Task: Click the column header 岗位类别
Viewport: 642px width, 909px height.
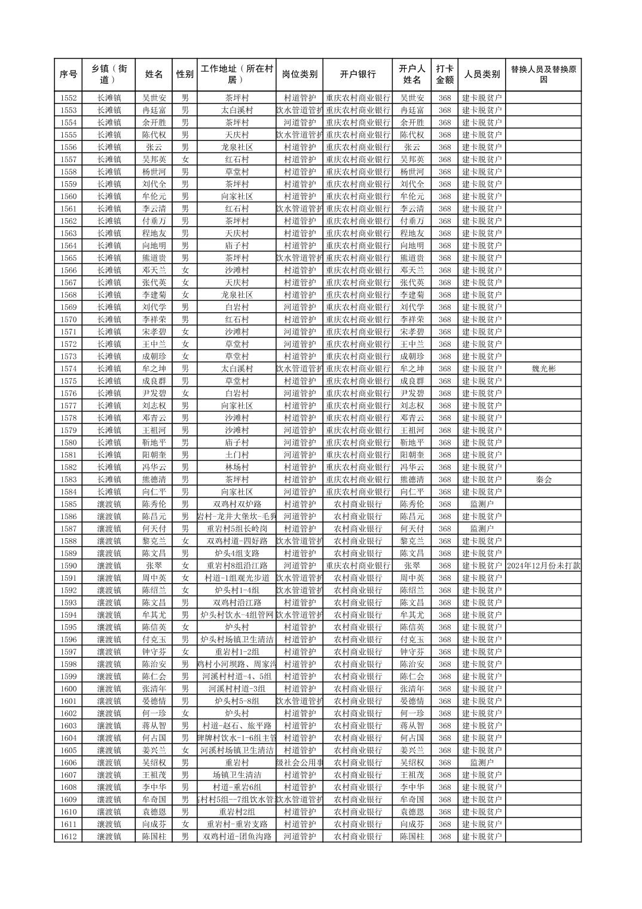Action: (x=299, y=75)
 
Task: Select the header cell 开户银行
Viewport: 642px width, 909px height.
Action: (x=357, y=75)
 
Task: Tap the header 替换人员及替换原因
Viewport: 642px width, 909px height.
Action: (x=543, y=75)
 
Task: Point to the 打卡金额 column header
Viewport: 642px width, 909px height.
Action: (x=444, y=75)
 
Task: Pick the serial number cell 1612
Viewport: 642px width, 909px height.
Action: (x=69, y=837)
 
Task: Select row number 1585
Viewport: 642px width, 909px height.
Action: (x=69, y=504)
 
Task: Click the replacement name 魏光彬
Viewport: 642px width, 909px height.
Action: (x=543, y=369)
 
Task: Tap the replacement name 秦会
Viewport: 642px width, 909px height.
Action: (x=543, y=480)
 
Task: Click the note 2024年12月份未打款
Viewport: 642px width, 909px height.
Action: (x=543, y=566)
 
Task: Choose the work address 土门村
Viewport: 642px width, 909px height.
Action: (x=237, y=455)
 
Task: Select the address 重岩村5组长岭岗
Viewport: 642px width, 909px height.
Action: (x=237, y=529)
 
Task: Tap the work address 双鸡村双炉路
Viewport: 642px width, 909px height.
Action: (x=237, y=504)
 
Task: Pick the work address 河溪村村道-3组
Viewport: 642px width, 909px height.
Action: (x=237, y=689)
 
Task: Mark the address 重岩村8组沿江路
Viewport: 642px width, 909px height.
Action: (x=237, y=566)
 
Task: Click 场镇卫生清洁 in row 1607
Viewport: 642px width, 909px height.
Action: (x=237, y=775)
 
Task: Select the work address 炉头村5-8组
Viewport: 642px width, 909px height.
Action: (x=237, y=701)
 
